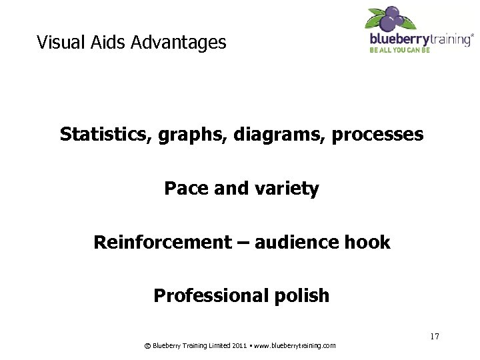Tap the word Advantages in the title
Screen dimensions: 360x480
179,43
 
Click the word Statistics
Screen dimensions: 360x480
107,135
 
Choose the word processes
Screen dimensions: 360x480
377,135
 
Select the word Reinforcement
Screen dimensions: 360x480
162,242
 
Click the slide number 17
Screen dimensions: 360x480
434,337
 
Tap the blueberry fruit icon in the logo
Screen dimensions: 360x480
392,18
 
